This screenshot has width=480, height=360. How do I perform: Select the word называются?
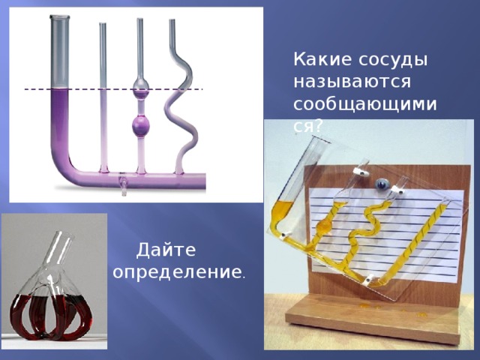click(352, 82)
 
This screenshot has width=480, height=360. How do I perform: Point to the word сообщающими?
click(365, 105)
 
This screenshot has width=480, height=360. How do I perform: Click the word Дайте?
click(166, 250)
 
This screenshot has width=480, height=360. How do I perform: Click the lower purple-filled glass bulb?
click(141, 125)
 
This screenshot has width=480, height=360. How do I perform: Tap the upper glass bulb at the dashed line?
click(141, 88)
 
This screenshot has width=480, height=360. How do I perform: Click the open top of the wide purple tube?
click(60, 17)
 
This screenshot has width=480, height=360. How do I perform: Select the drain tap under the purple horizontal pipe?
click(123, 184)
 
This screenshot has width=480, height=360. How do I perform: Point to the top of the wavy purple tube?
click(172, 22)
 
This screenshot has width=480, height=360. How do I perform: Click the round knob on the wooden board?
click(382, 184)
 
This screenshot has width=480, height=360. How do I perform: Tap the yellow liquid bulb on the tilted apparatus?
click(325, 226)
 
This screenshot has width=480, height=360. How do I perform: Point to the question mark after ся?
click(318, 126)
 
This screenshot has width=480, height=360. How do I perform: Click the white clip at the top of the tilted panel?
click(361, 172)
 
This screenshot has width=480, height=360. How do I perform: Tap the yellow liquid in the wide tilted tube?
click(283, 212)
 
